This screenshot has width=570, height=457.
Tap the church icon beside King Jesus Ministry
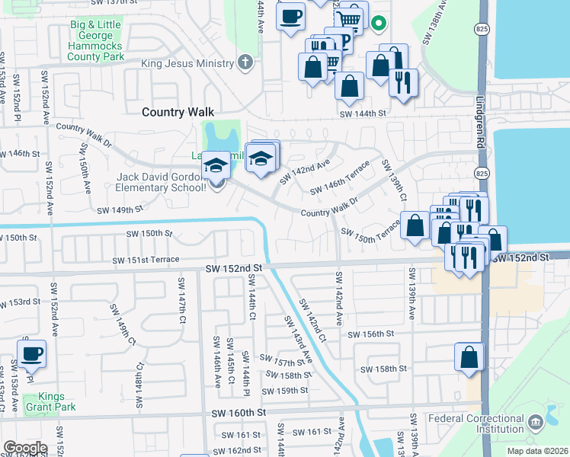[245, 62]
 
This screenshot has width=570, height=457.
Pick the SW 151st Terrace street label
[146, 260]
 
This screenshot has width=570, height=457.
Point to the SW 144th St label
[363, 113]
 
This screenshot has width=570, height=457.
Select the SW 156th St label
[371, 334]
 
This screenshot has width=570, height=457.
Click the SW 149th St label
[120, 209]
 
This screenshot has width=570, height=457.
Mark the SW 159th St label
[284, 391]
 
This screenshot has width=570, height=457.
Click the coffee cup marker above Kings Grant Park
[31, 353]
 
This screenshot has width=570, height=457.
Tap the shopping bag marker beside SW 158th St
[469, 356]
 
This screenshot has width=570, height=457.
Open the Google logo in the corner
[24, 448]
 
